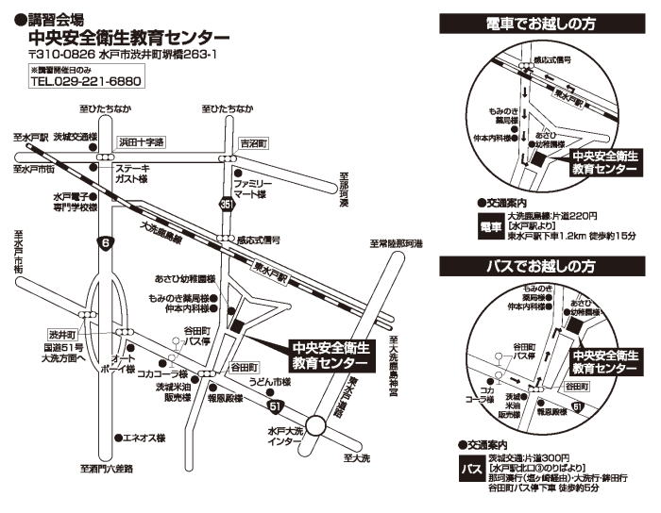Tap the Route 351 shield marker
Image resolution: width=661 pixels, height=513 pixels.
227,204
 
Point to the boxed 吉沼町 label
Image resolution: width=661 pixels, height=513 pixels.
254,143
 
